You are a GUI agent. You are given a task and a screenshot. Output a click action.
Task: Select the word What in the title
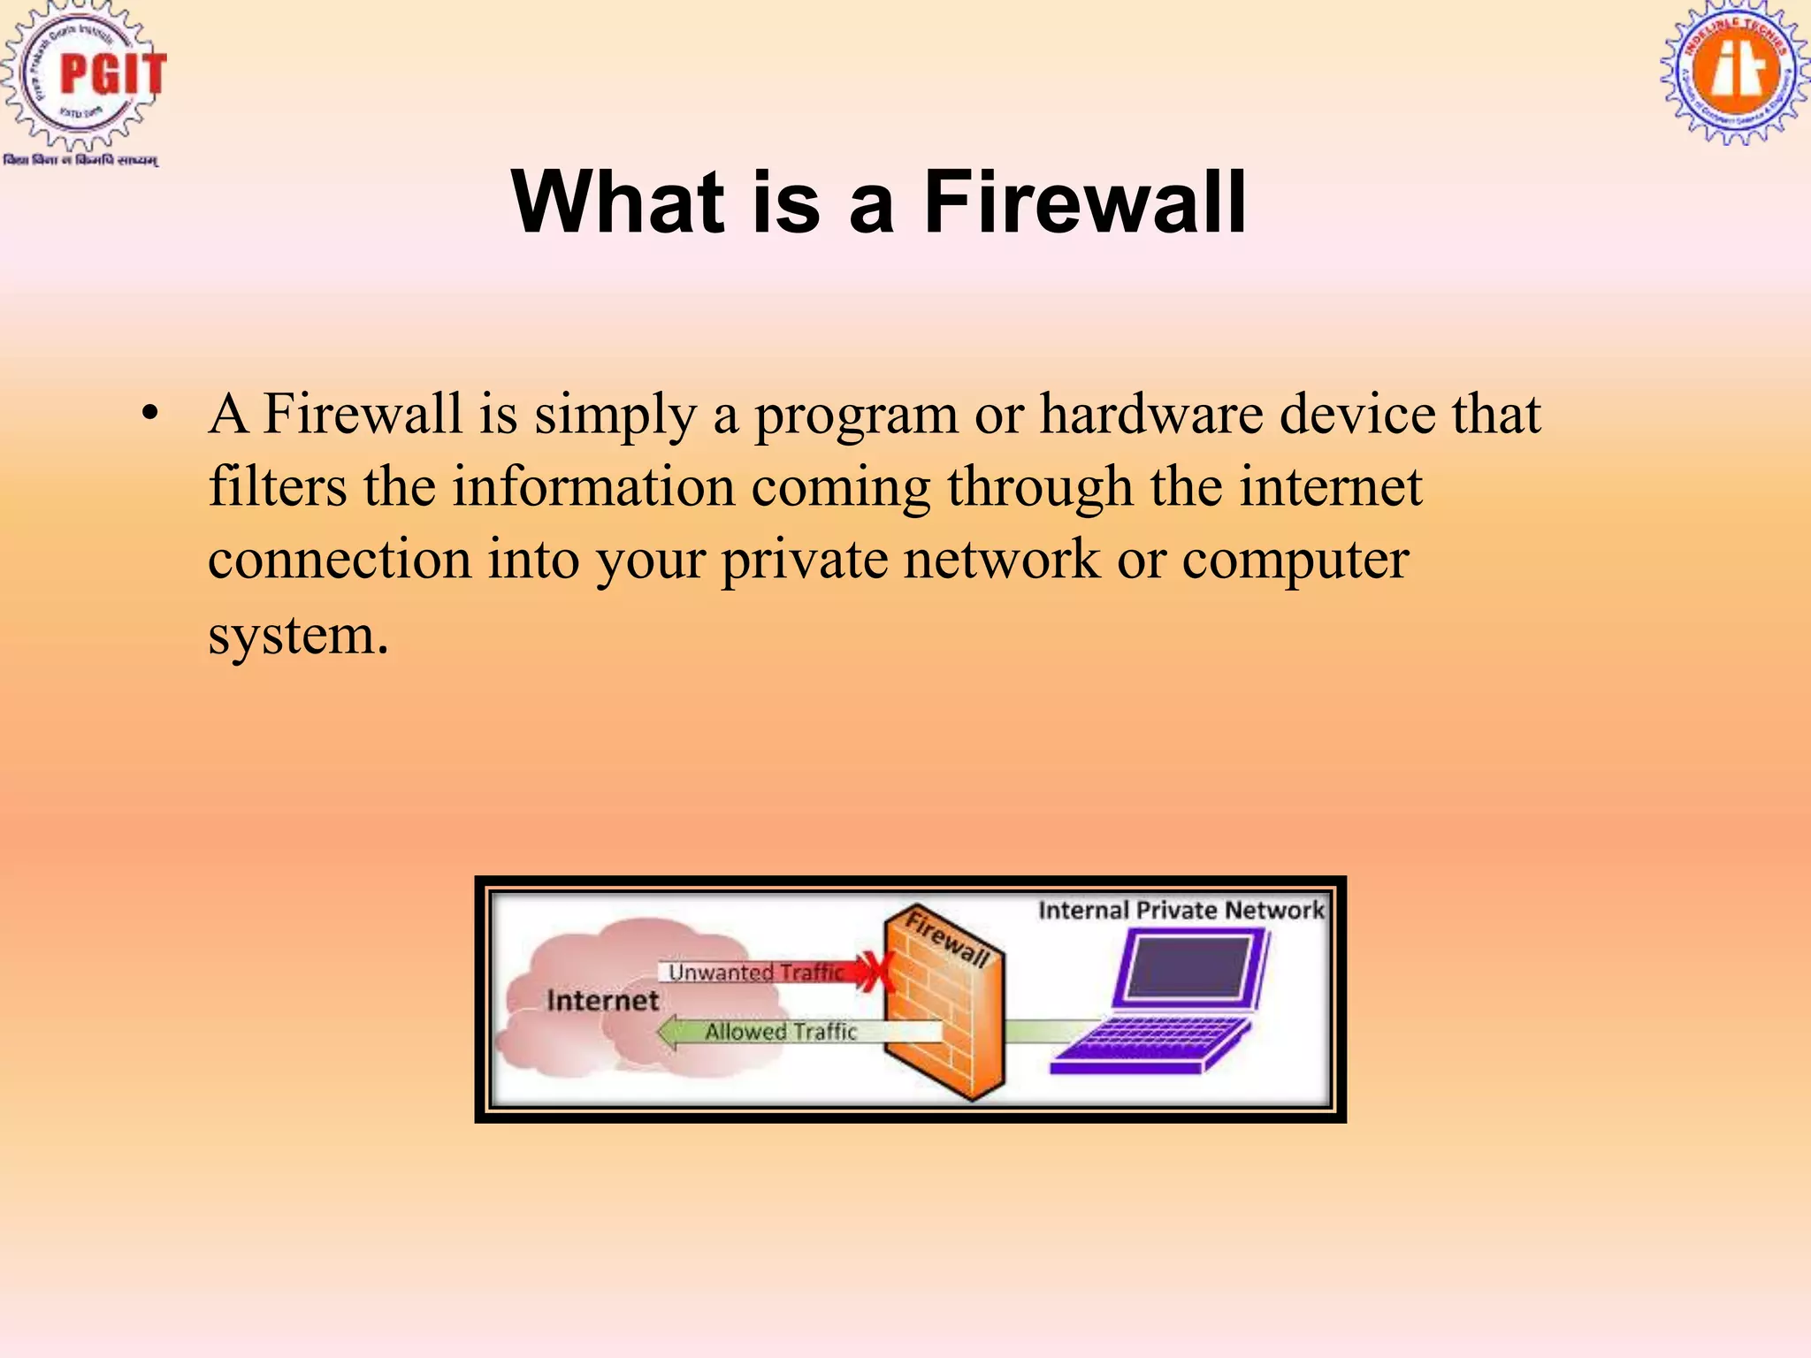pyautogui.click(x=618, y=202)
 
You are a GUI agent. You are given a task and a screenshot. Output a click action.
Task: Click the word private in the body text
pyautogui.click(x=804, y=560)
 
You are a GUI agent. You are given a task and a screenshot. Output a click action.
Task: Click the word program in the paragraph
pyautogui.click(x=855, y=416)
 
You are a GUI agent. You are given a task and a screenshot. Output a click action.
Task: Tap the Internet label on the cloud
pyautogui.click(x=602, y=1001)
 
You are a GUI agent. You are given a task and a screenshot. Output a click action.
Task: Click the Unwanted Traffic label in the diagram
pyautogui.click(x=756, y=973)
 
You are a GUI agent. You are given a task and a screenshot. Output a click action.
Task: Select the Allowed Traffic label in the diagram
pyautogui.click(x=781, y=1032)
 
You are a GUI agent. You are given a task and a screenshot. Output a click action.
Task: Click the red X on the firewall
pyautogui.click(x=879, y=972)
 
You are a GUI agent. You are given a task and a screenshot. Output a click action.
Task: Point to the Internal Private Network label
pyautogui.click(x=1181, y=911)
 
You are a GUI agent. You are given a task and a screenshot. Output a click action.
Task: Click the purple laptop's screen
pyautogui.click(x=1190, y=968)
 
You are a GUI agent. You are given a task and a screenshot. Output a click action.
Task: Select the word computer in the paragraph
pyautogui.click(x=1295, y=560)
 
